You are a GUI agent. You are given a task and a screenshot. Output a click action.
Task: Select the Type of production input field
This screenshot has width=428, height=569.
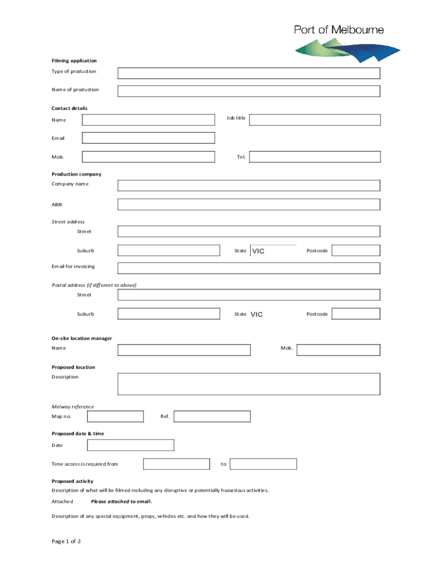tap(248, 73)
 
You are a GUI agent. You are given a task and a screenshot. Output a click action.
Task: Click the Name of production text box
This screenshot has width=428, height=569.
tap(248, 91)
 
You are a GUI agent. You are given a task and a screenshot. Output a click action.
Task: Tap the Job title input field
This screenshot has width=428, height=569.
tap(315, 119)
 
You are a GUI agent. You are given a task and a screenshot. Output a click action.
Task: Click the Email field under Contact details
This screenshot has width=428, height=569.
tap(148, 138)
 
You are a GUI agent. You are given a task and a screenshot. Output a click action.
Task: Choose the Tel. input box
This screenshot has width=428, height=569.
tap(315, 157)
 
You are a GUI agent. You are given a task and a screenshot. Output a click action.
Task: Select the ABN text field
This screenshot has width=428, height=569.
tap(248, 204)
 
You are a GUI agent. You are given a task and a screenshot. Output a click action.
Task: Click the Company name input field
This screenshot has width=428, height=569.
tap(248, 186)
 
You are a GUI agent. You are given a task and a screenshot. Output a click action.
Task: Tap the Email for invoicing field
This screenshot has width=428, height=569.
tap(248, 268)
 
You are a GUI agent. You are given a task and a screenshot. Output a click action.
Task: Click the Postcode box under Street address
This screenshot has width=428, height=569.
tap(356, 251)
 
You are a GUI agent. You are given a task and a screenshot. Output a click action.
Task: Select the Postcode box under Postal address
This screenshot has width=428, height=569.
tap(356, 314)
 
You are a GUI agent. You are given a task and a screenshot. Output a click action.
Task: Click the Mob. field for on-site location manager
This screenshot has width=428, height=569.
tap(339, 350)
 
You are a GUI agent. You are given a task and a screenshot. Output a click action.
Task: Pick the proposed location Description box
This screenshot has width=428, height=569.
tap(248, 383)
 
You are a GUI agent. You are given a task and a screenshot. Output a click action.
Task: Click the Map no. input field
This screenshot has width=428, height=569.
tap(115, 416)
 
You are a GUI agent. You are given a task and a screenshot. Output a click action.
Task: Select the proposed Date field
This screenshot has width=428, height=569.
tap(131, 445)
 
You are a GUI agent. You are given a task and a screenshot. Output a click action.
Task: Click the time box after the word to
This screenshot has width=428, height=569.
tap(263, 464)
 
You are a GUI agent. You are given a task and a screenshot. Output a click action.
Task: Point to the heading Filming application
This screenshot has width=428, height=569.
tap(74, 61)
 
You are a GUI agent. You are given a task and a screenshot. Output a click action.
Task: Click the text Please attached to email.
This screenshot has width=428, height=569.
tap(121, 501)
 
